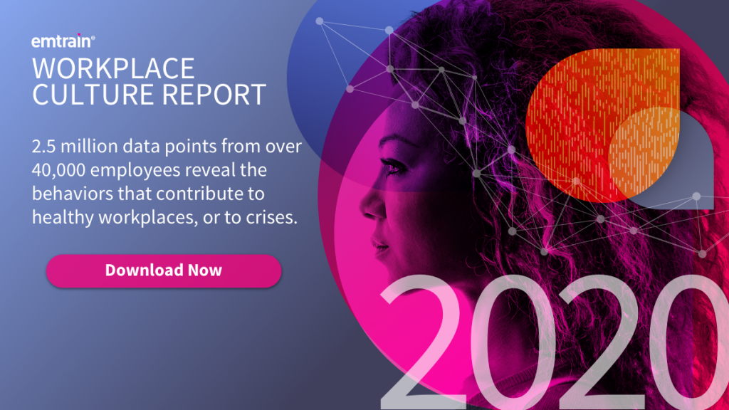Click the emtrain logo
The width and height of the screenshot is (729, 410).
click(61, 41)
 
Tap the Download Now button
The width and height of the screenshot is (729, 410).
click(164, 270)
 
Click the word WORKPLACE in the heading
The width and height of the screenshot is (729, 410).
click(113, 68)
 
